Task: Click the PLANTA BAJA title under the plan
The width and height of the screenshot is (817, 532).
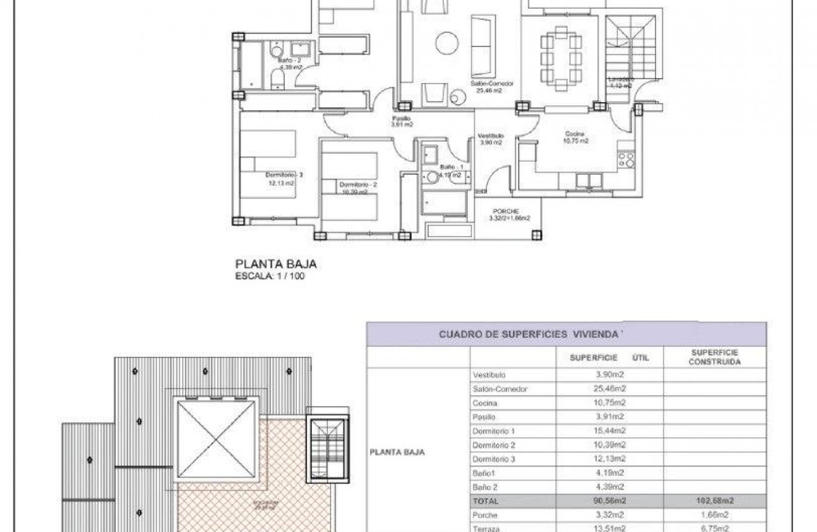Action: coord(277,264)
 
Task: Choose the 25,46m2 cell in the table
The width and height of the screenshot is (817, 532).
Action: coord(610,389)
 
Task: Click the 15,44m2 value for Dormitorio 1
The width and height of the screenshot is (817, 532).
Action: coord(610,431)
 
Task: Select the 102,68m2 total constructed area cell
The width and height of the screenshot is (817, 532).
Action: coord(715,501)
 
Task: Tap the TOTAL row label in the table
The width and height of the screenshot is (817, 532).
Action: coord(485,501)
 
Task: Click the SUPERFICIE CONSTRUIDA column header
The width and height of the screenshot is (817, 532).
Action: coord(714,357)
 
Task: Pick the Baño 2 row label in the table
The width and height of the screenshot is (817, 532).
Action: coord(485,487)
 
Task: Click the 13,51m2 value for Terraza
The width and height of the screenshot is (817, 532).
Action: coord(610,528)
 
